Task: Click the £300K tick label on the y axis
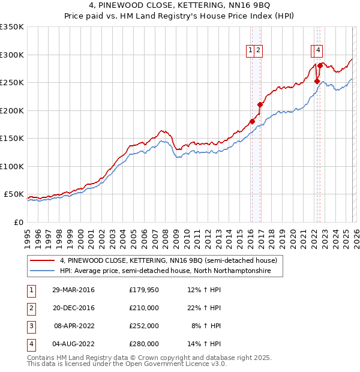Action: [x=12, y=55]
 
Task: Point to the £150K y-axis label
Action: [x=12, y=138]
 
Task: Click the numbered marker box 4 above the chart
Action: [x=318, y=51]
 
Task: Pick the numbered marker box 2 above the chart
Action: [x=258, y=51]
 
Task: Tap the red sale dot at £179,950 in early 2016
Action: [x=252, y=122]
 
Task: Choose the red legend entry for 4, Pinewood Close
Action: [x=168, y=261]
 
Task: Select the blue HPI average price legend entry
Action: [x=165, y=271]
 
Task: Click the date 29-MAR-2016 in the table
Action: [x=73, y=290]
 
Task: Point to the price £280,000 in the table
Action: [x=143, y=344]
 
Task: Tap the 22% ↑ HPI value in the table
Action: [x=204, y=308]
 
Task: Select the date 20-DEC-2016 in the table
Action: [x=73, y=308]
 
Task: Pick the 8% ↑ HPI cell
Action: [x=206, y=326]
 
